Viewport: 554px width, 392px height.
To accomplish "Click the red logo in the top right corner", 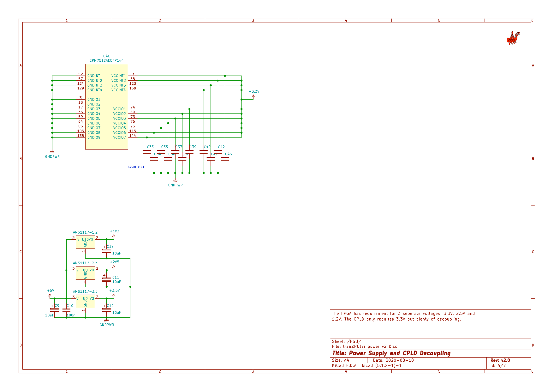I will pyautogui.click(x=513, y=38).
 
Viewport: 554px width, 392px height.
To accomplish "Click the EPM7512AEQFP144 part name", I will pyautogui.click(x=106, y=60).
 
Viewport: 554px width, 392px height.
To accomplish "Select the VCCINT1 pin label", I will pyautogui.click(x=118, y=76).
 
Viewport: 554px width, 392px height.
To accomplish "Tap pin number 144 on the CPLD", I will pyautogui.click(x=133, y=136).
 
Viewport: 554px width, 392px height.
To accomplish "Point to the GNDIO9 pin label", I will pyautogui.click(x=94, y=138).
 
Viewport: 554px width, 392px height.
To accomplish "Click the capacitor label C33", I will pyautogui.click(x=150, y=147).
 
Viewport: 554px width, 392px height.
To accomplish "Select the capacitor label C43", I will pyautogui.click(x=228, y=154).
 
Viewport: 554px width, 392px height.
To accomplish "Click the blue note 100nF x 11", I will pyautogui.click(x=136, y=167).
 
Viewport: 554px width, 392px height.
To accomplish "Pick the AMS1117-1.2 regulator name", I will pyautogui.click(x=85, y=232).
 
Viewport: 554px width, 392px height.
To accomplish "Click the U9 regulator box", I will pyautogui.click(x=85, y=302).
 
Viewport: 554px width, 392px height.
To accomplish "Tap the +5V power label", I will pyautogui.click(x=51, y=291).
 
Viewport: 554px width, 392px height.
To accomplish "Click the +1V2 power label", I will pyautogui.click(x=114, y=231).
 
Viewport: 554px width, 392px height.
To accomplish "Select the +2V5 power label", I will pyautogui.click(x=114, y=262).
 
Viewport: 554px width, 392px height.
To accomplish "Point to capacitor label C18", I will pyautogui.click(x=110, y=247).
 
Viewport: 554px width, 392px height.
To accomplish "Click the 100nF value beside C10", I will pyautogui.click(x=72, y=315).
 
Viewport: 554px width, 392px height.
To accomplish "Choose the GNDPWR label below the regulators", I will pyautogui.click(x=107, y=325).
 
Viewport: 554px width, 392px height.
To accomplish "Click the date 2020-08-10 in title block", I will pyautogui.click(x=399, y=360).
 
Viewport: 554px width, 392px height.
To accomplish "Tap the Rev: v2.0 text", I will pyautogui.click(x=500, y=360).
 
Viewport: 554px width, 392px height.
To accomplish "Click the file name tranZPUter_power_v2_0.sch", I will pyautogui.click(x=371, y=346).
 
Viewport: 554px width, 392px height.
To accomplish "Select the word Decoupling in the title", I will pyautogui.click(x=435, y=353).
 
